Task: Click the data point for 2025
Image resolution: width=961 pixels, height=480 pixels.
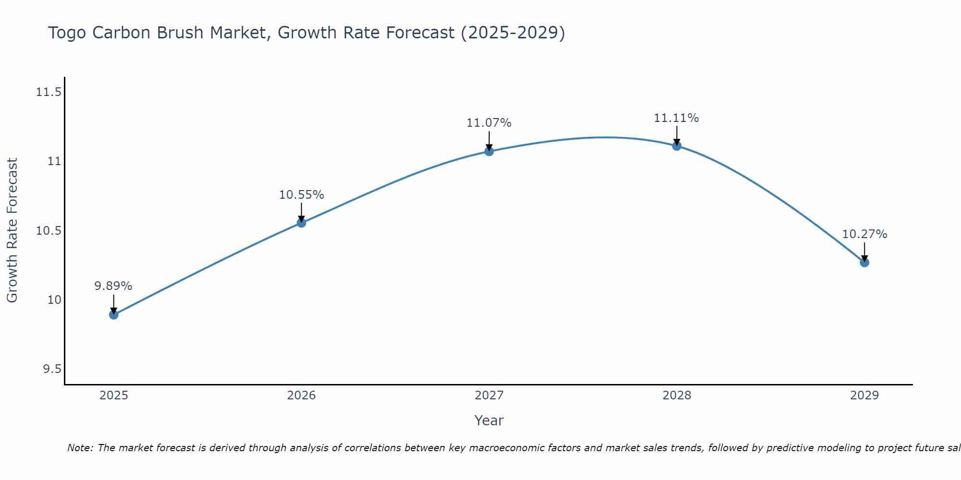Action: pyautogui.click(x=114, y=315)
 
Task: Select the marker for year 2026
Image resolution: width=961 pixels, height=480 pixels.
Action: pyautogui.click(x=301, y=223)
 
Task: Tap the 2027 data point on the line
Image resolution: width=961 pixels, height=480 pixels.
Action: pyautogui.click(x=489, y=151)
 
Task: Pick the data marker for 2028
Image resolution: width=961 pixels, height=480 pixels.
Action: pyautogui.click(x=677, y=146)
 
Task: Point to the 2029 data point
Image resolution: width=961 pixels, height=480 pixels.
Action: pyautogui.click(x=864, y=263)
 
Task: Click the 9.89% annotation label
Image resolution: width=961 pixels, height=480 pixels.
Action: pyautogui.click(x=113, y=286)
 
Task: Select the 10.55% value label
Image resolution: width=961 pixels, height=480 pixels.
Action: pyautogui.click(x=301, y=195)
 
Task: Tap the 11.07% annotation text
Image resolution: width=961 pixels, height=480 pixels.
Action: pyautogui.click(x=489, y=123)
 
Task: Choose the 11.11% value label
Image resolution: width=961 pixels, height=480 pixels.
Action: pyautogui.click(x=677, y=118)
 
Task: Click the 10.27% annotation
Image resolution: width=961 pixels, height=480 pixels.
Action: pyautogui.click(x=864, y=234)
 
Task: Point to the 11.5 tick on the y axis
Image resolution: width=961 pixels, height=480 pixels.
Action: pyautogui.click(x=49, y=92)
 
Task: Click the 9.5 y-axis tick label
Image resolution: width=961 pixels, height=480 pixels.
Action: pyautogui.click(x=52, y=369)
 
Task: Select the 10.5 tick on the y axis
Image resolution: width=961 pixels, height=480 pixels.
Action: pyautogui.click(x=49, y=231)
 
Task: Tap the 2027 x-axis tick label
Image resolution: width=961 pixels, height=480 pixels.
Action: pyautogui.click(x=489, y=396)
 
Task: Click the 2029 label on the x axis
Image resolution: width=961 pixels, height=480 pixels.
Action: pyautogui.click(x=864, y=396)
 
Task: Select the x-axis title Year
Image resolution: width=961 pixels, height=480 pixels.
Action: pyautogui.click(x=489, y=420)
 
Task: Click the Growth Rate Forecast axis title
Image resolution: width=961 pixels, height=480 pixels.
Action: pyautogui.click(x=12, y=230)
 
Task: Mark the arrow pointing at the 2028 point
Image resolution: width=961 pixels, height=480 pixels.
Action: pyautogui.click(x=677, y=135)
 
